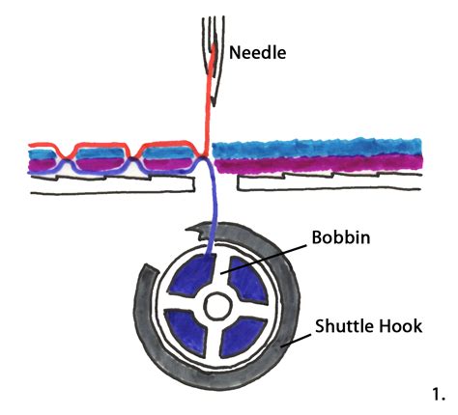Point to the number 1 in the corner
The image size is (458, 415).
click(x=437, y=394)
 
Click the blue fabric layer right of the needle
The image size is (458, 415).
click(x=319, y=148)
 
